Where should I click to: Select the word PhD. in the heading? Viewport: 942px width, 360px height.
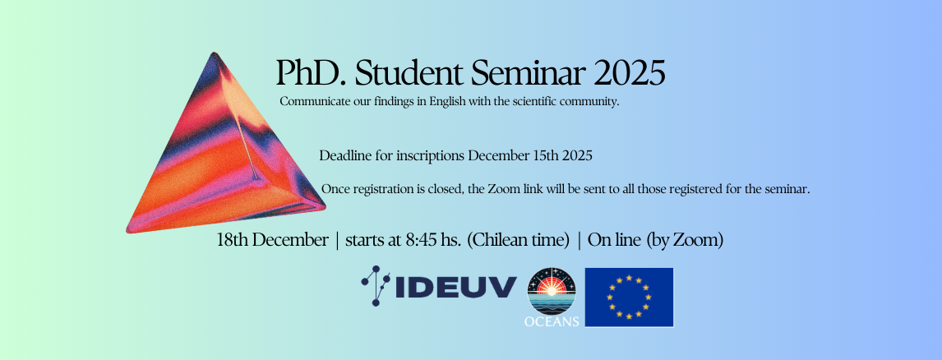312,72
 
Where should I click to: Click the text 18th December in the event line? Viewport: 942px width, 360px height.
272,240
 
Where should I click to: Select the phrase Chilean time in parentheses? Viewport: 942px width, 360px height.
518,240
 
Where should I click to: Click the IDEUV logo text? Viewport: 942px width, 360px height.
456,287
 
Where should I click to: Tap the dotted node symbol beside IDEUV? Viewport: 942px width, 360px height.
376,285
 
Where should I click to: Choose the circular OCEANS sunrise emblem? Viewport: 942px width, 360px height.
552,291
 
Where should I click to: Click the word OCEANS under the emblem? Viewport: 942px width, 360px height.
552,321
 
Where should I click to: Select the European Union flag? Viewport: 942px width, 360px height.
629,298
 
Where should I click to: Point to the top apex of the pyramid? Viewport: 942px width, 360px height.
213,53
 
